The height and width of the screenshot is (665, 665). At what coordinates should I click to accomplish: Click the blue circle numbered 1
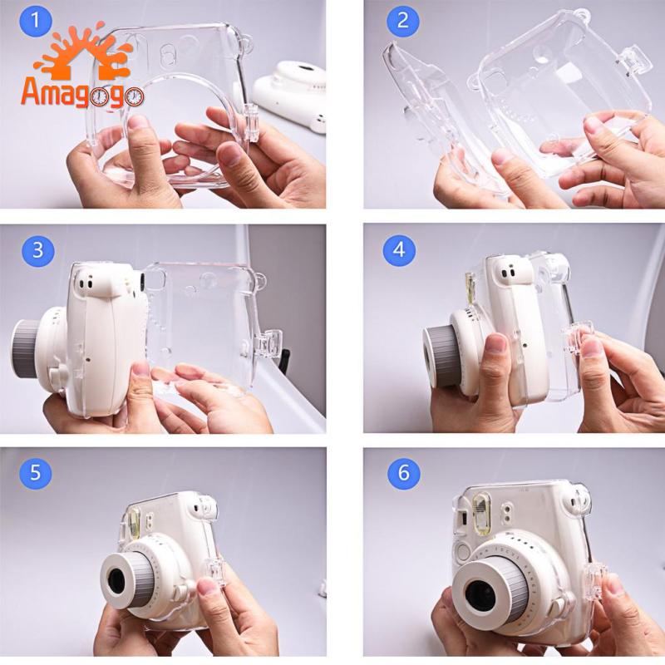(36, 20)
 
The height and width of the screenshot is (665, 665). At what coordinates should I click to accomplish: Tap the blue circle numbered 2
(402, 20)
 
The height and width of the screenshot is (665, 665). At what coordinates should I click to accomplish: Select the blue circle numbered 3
(38, 250)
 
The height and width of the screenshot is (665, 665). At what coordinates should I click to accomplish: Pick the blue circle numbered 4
(399, 250)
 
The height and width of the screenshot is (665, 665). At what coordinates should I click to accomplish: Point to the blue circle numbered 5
(35, 472)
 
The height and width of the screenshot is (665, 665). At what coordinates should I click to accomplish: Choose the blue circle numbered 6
(403, 472)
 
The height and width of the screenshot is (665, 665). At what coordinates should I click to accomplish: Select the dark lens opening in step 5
(116, 581)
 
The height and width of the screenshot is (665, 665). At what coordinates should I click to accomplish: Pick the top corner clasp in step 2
(636, 60)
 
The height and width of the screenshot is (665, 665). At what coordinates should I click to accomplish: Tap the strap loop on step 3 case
(260, 280)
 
